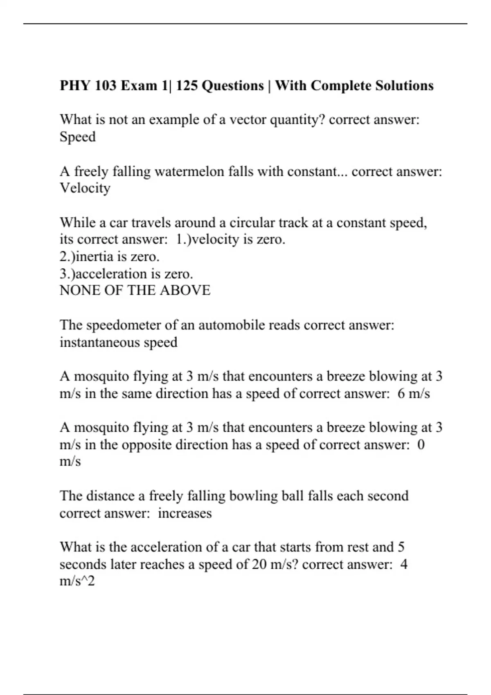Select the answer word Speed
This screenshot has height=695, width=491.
pyautogui.click(x=77, y=137)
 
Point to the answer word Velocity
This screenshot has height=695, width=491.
pyautogui.click(x=85, y=188)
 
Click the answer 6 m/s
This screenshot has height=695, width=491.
pyautogui.click(x=413, y=394)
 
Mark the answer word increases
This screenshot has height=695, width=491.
pyautogui.click(x=185, y=513)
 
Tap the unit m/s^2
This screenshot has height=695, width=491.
pyautogui.click(x=77, y=581)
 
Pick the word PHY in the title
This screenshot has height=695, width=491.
pyautogui.click(x=75, y=86)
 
